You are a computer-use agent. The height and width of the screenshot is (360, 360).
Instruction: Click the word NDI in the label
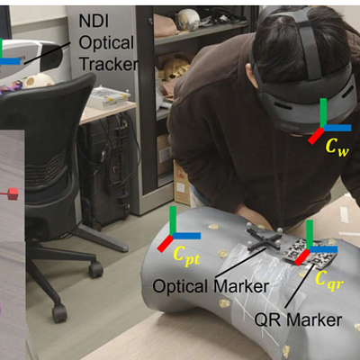click(x=94, y=21)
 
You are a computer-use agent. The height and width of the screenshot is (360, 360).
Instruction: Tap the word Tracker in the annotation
click(x=109, y=64)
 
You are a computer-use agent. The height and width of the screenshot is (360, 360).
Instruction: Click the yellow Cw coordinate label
click(x=337, y=147)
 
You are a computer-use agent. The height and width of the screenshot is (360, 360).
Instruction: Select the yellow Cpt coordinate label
click(x=186, y=256)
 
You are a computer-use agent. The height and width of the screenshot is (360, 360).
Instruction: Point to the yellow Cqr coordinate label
click(x=329, y=280)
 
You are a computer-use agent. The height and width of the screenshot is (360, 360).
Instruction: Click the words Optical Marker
click(x=211, y=286)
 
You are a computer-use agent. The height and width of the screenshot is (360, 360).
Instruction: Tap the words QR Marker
click(x=298, y=319)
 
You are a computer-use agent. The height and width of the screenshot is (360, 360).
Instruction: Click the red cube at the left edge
click(x=13, y=193)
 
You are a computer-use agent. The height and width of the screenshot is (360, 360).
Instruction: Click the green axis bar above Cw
click(x=323, y=112)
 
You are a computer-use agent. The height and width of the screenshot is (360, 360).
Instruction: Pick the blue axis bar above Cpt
click(x=186, y=236)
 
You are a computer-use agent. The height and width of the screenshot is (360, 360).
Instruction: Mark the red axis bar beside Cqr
click(x=301, y=257)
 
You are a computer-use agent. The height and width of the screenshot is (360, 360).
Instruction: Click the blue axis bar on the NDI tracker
click(x=10, y=61)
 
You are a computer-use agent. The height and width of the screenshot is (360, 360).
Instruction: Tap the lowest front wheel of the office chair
click(x=59, y=313)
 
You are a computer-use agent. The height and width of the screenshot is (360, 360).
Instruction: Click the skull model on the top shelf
click(x=188, y=19)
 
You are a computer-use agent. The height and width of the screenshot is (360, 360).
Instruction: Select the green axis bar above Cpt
click(x=173, y=220)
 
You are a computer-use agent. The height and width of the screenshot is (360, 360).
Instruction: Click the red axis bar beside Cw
click(x=316, y=136)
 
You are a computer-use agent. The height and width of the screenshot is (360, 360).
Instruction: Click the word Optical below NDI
click(x=106, y=42)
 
